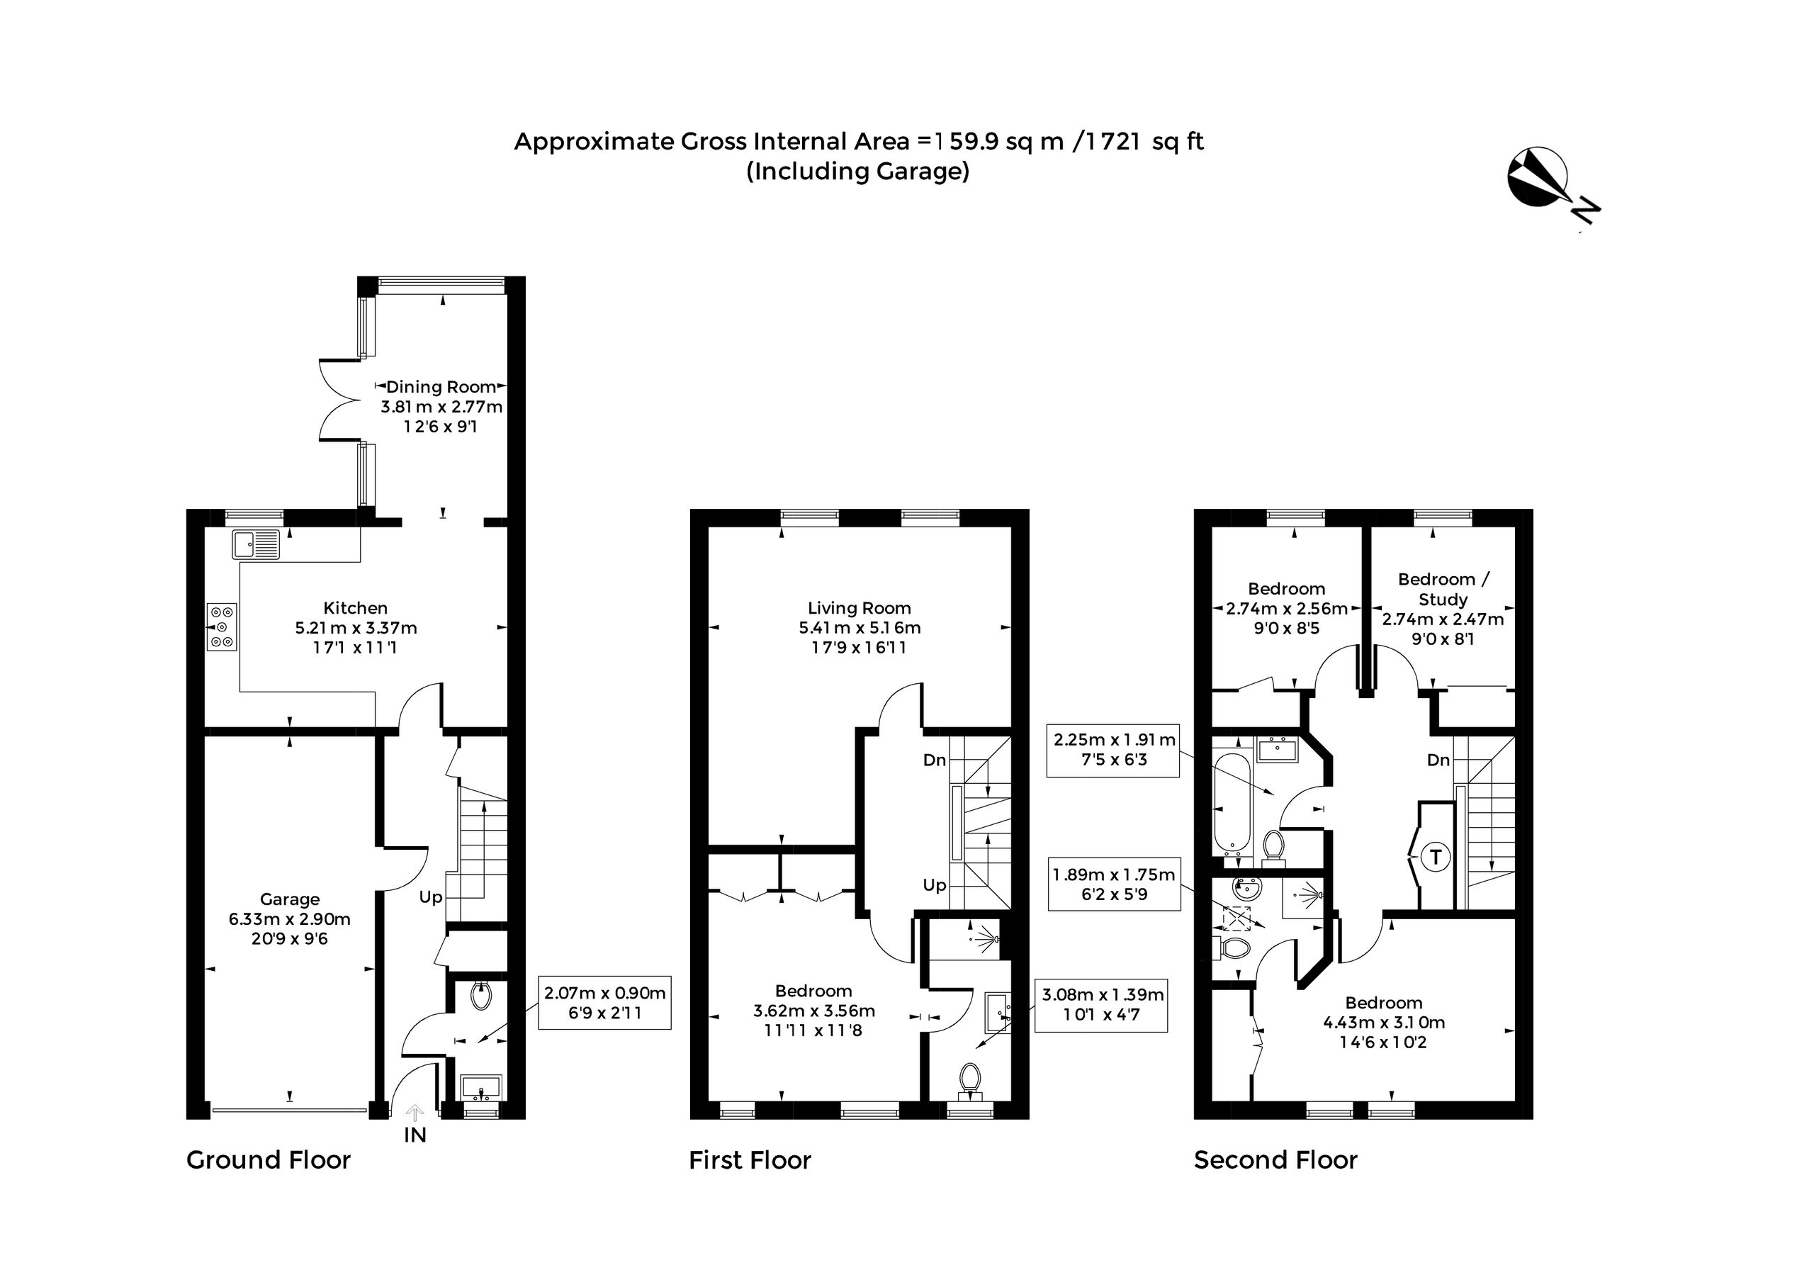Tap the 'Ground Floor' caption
[x=268, y=1160]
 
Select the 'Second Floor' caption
[x=1275, y=1160]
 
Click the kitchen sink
[x=256, y=544]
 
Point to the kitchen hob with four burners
[x=222, y=626]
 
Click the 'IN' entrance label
[x=415, y=1135]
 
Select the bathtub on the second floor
[x=1232, y=804]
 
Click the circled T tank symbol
[x=1436, y=856]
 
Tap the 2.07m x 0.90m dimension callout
[x=604, y=1002]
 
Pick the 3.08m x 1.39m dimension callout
[x=1101, y=1004]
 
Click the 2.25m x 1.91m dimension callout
[x=1113, y=749]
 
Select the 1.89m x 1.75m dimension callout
[x=1114, y=884]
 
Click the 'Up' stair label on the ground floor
[x=431, y=897]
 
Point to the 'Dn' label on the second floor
[x=1438, y=760]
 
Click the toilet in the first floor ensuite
[x=969, y=1079]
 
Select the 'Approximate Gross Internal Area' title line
[x=859, y=142]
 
